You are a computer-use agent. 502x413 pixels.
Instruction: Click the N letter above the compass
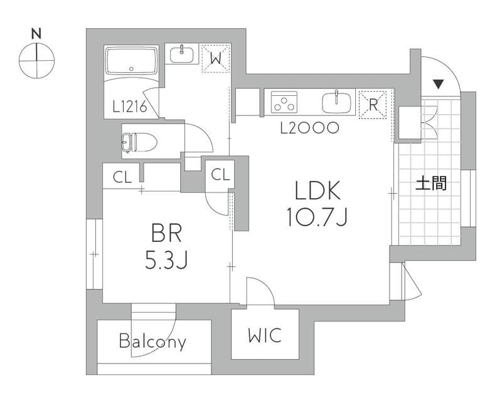click(37, 34)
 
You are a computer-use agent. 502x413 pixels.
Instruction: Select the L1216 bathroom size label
click(130, 107)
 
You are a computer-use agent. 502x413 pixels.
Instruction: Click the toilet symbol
click(139, 142)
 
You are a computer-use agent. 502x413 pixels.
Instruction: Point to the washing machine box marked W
click(216, 58)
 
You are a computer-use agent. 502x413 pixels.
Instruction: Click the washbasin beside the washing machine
click(181, 54)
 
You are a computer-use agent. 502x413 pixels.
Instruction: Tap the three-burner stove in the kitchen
click(284, 102)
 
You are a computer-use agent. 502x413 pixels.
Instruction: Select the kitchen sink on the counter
click(336, 102)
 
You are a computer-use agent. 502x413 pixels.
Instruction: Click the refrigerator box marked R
click(373, 105)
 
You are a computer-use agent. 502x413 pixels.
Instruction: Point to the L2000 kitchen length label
click(309, 128)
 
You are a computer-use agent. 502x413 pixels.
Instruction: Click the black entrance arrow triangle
click(438, 85)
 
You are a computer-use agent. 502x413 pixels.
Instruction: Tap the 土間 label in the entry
click(431, 184)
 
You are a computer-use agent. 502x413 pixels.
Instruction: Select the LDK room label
click(317, 191)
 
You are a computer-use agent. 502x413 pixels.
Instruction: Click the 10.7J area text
click(317, 216)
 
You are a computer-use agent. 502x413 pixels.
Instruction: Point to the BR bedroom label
click(166, 233)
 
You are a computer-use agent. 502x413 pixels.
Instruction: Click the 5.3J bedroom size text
click(166, 259)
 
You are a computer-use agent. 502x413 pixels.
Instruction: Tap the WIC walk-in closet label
click(265, 335)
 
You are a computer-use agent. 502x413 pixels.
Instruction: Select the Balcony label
click(152, 342)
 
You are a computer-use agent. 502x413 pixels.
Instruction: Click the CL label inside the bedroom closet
click(122, 177)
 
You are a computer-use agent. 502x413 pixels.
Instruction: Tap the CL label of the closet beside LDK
click(221, 174)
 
